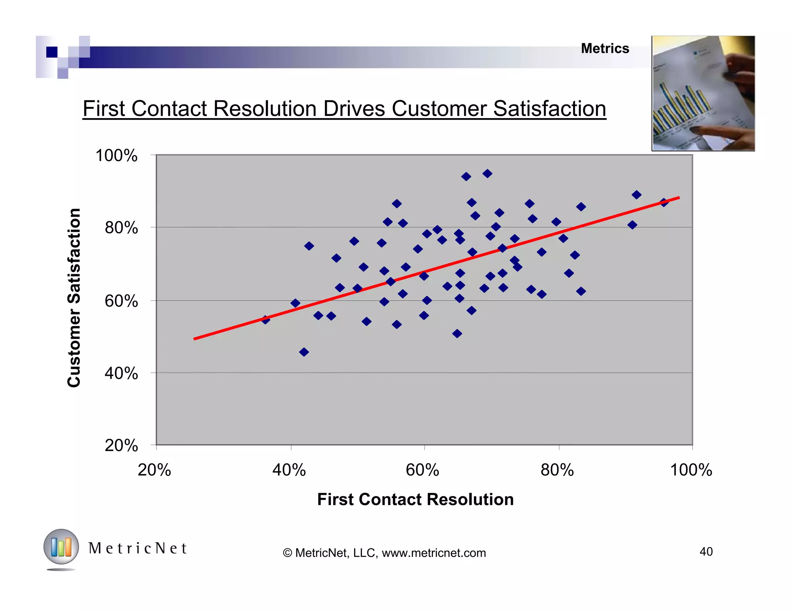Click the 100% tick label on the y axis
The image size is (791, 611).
point(116,156)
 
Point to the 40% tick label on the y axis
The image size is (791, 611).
point(121,373)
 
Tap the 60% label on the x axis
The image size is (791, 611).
point(423,470)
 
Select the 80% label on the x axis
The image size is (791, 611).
point(557,470)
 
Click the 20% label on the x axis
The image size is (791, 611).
point(154,470)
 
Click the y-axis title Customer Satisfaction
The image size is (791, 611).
point(74,297)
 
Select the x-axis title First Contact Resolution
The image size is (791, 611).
point(415,499)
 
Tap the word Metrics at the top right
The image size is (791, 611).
point(605,49)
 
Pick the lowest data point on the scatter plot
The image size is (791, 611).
point(304,352)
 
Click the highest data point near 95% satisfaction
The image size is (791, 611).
point(487,173)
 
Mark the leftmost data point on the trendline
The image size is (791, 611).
point(265,319)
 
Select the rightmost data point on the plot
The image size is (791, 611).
point(664,202)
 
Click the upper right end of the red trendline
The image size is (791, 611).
point(678,198)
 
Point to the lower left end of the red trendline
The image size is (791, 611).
point(195,339)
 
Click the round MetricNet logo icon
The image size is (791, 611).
point(61,547)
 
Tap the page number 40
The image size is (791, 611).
point(706,552)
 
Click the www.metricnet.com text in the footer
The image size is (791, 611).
point(434,553)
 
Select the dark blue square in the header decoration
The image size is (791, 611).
point(52,52)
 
